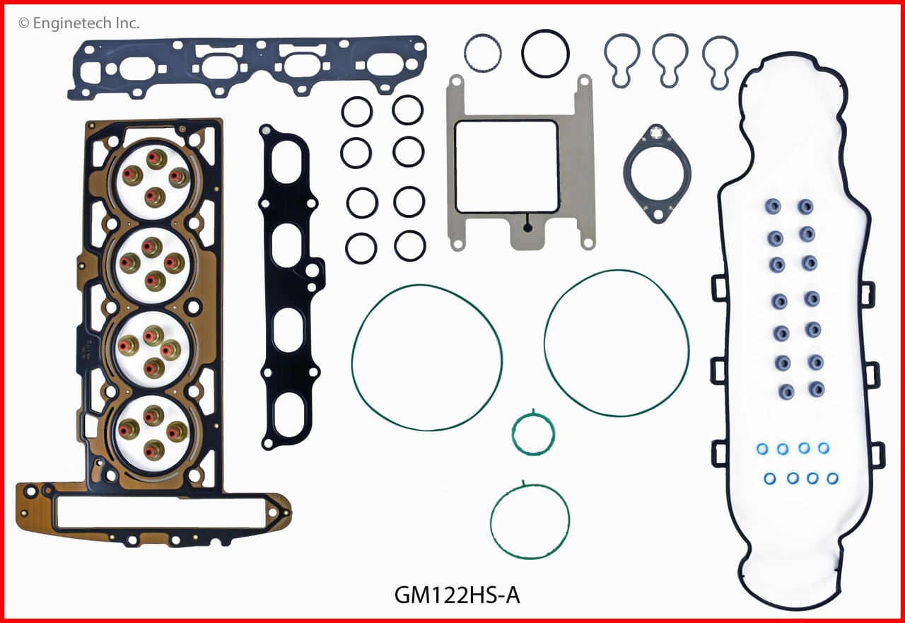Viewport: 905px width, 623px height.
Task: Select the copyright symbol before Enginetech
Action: pyautogui.click(x=23, y=23)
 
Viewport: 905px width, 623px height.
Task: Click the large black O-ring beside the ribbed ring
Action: pyautogui.click(x=546, y=52)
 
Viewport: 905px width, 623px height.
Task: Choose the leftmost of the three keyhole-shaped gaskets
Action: pyautogui.click(x=622, y=60)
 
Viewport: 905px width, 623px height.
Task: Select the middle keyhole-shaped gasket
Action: pyautogui.click(x=670, y=60)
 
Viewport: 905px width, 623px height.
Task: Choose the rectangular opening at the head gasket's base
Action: pyautogui.click(x=159, y=513)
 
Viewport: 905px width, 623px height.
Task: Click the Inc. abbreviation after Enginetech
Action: pyautogui.click(x=127, y=23)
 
